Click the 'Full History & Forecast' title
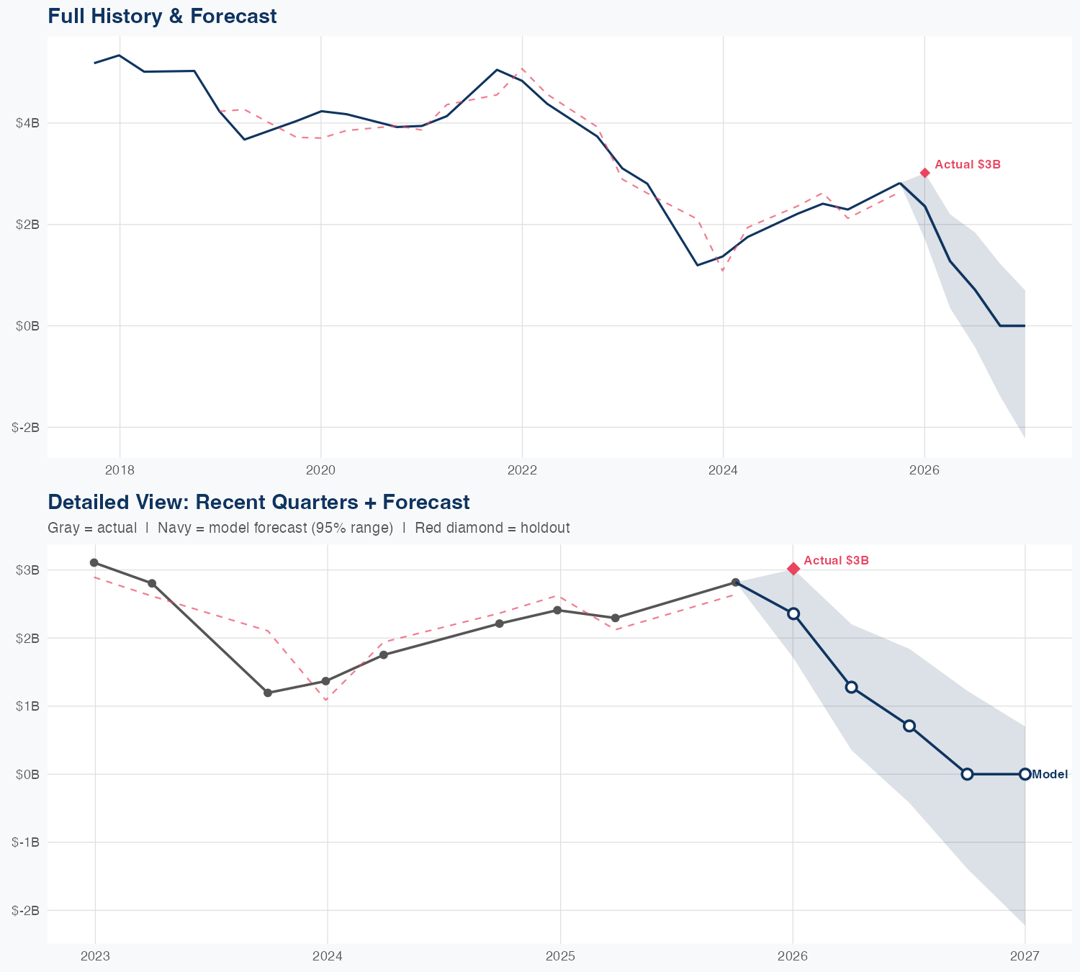162,17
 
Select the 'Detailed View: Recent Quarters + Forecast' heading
258,502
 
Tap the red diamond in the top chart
925,173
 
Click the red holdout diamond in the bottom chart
793,569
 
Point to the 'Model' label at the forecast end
1050,775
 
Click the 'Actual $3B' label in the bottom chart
836,560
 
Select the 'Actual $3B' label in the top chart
968,165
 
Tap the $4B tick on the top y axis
27,123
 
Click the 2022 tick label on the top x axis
522,471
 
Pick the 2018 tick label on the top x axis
120,471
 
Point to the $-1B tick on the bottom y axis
26,842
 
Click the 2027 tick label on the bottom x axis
1025,956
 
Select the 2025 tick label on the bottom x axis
560,956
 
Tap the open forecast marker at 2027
1025,774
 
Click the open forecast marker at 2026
793,613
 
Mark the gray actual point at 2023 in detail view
94,562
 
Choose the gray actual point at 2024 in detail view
325,681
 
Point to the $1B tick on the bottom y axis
27,706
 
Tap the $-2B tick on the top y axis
26,428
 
